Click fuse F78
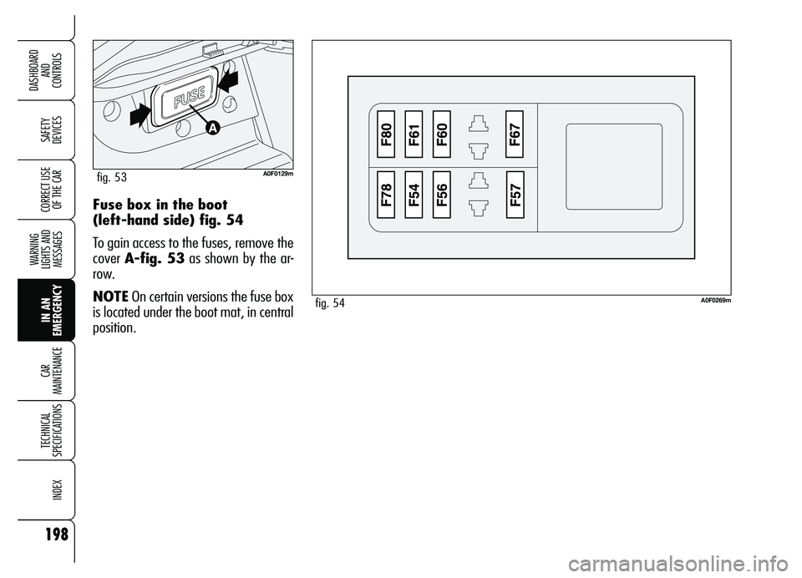(387, 195)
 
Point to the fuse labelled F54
(414, 195)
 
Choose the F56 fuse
(441, 195)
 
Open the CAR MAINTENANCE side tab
(46, 370)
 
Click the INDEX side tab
(46, 489)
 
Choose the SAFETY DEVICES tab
(46, 129)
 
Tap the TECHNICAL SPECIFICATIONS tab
(46, 429)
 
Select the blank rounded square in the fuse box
(614, 155)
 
